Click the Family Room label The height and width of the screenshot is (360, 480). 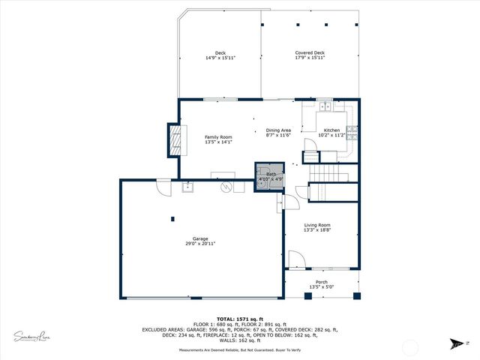coord(219,139)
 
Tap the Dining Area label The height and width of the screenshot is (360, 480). coord(278,133)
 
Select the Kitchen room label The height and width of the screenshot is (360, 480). coord(331,133)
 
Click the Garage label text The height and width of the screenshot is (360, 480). coord(200,241)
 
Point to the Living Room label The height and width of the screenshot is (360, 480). coord(316,227)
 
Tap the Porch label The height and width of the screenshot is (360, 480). coord(322,284)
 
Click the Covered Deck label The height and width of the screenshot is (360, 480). coord(310,55)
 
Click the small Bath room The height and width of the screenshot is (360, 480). coord(270,177)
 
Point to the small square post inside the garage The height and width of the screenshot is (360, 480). coord(172,219)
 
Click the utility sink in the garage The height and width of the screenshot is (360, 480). coord(187,187)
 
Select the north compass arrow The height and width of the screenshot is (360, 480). coord(456,344)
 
